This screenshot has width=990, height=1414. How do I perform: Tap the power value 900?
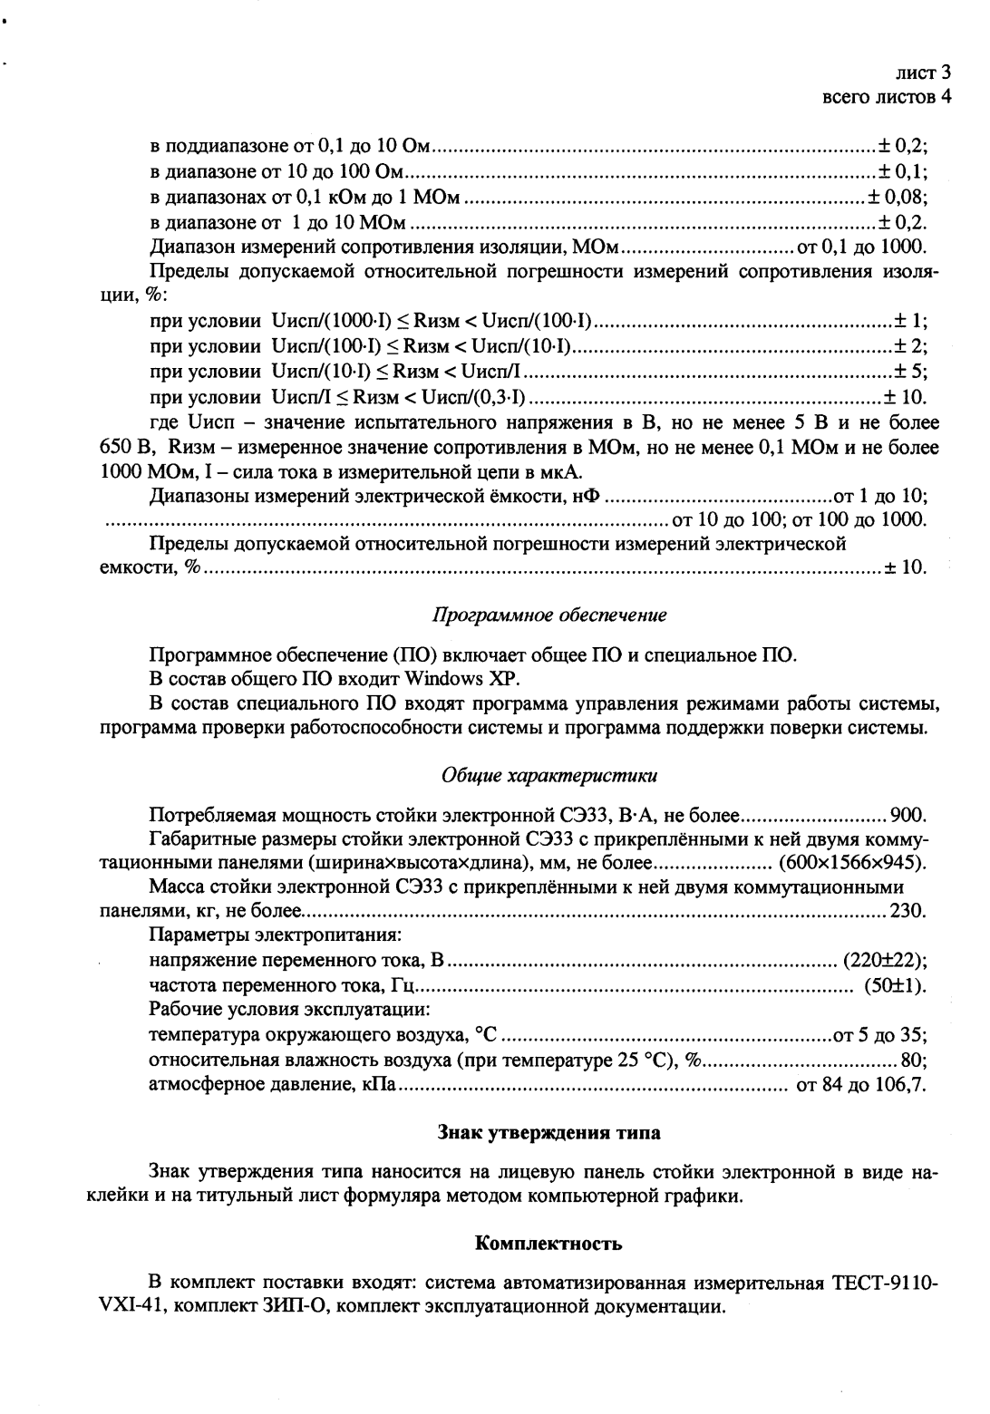point(908,813)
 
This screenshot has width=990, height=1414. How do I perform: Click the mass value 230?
point(908,911)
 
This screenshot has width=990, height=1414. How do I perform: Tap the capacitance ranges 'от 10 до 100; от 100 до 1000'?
point(798,520)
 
